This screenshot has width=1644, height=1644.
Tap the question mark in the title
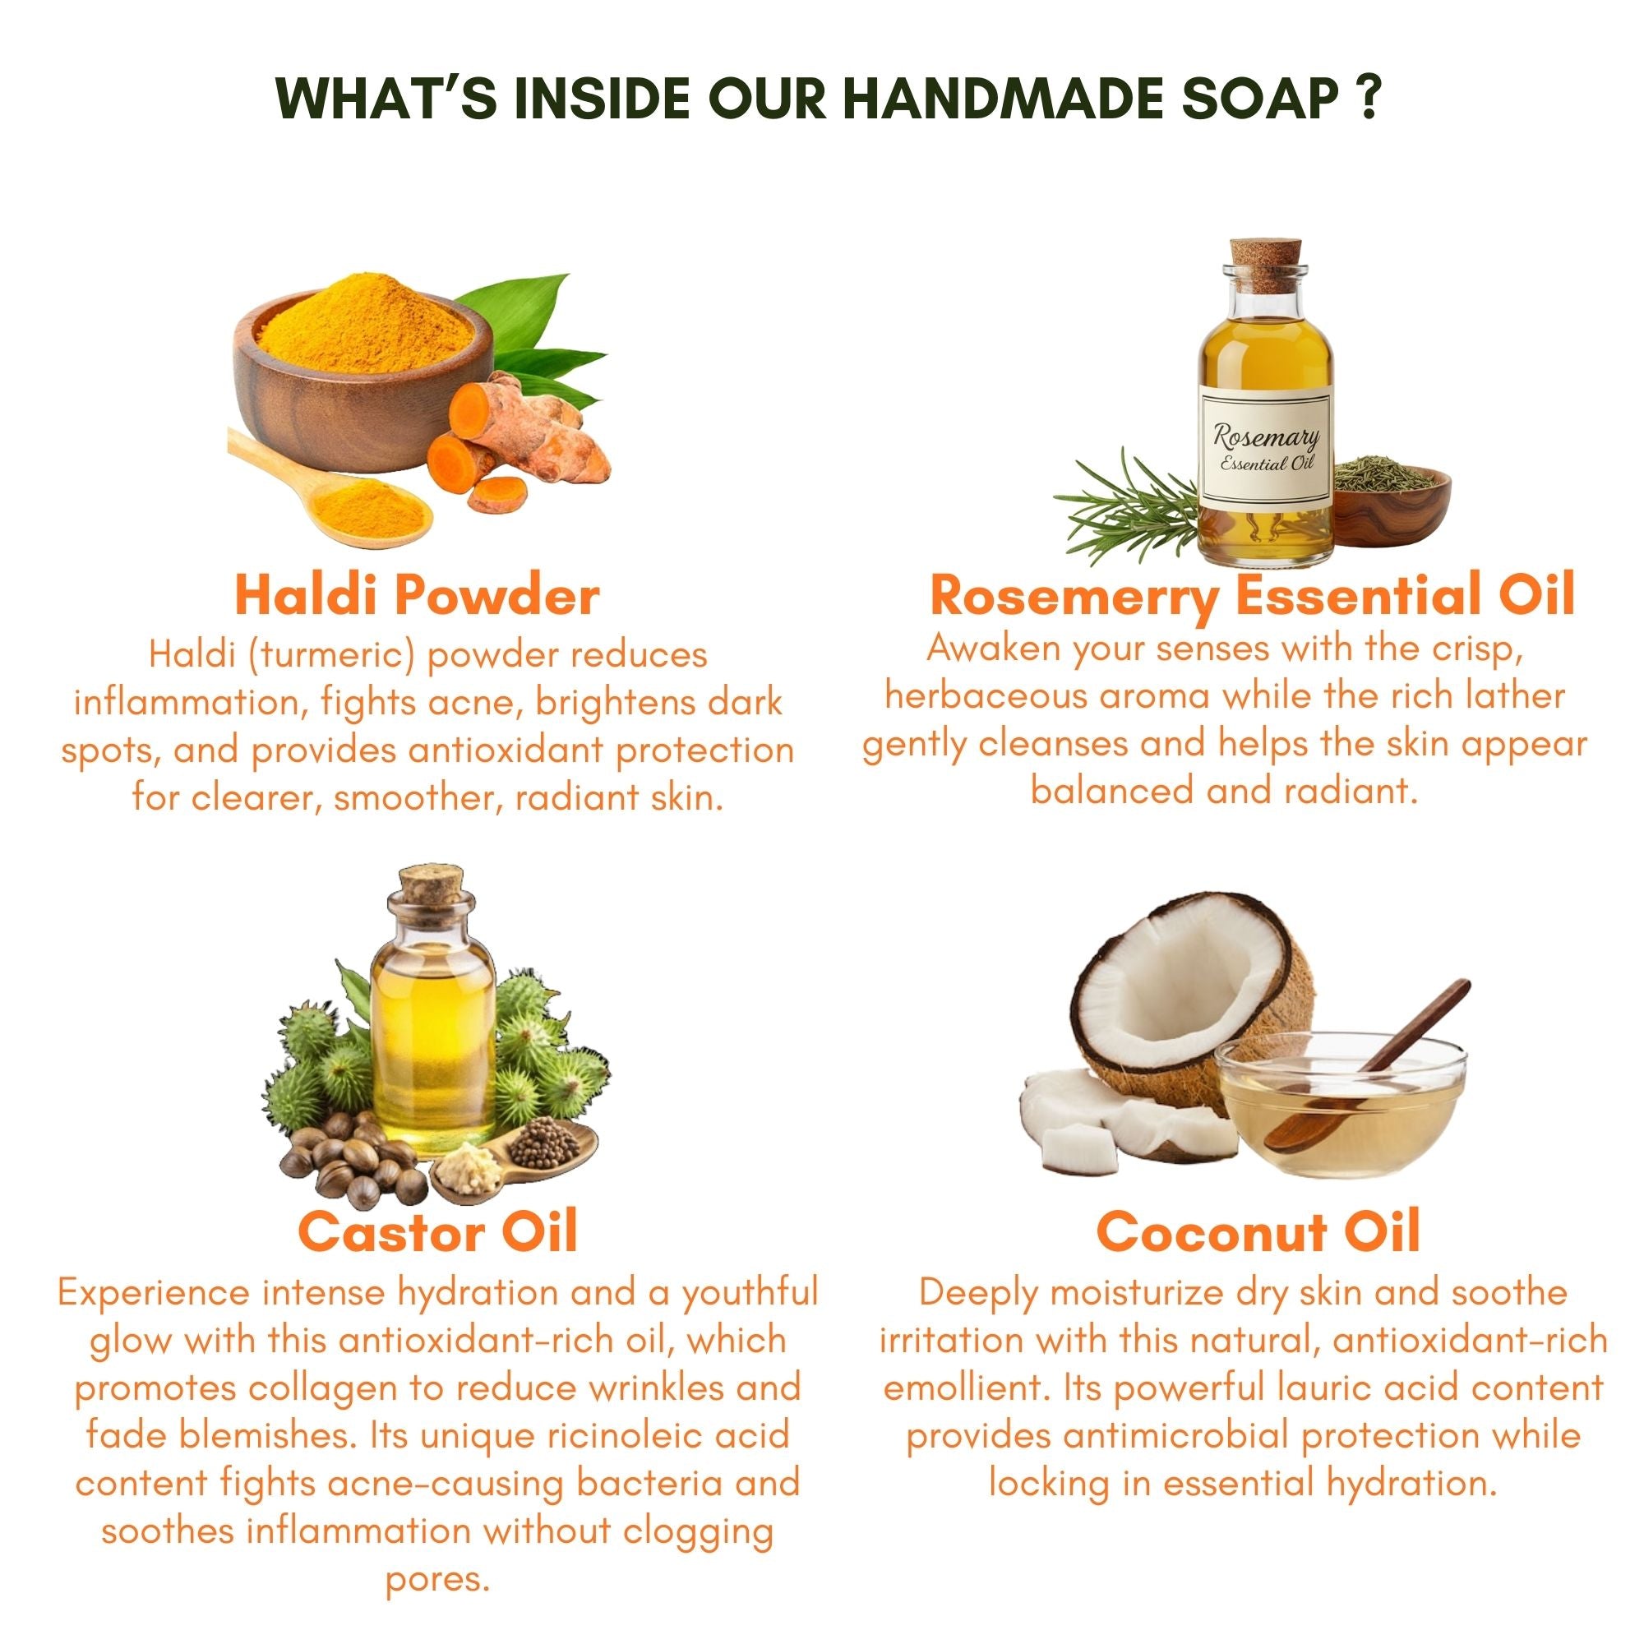click(1365, 99)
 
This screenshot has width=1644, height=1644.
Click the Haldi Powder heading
click(417, 595)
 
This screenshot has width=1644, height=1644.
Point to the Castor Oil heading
click(437, 1231)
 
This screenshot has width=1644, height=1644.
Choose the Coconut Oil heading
click(1258, 1231)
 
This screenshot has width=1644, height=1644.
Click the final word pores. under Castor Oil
click(437, 1579)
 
